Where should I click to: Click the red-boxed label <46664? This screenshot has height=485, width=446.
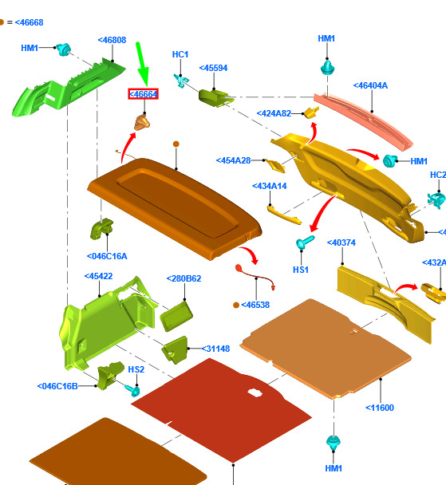point(143,93)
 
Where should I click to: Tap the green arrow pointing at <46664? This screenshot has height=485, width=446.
point(142,65)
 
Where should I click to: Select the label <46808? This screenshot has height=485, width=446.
point(112,40)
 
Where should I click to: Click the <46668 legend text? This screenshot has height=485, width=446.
point(29,22)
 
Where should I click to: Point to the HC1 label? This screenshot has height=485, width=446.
point(180,54)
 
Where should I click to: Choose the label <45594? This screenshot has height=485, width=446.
point(213,68)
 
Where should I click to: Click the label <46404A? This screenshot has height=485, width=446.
point(370,85)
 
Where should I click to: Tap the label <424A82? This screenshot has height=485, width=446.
point(274,113)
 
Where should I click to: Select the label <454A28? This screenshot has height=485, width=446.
point(233,160)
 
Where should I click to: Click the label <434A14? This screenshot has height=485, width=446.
point(270,186)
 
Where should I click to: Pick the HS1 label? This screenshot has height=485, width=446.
point(301,270)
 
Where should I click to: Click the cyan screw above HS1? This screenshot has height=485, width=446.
point(305,242)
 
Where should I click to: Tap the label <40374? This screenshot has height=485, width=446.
point(341,242)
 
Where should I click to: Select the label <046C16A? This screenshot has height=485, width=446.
point(107,256)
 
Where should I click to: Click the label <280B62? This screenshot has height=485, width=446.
point(184,278)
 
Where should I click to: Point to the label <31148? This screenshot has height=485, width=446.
point(216,349)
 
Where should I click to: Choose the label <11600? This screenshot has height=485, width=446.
point(380,408)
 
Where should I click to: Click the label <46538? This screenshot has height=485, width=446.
point(255,305)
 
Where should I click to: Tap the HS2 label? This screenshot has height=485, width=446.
point(136,369)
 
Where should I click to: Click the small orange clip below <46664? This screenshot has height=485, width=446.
point(142,122)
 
